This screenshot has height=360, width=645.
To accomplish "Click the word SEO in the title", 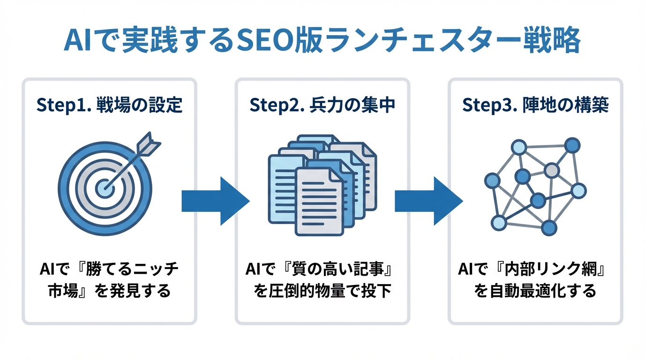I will (261, 43).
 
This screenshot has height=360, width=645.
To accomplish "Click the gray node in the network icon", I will (552, 170).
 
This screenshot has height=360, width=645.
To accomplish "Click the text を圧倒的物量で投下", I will (322, 292).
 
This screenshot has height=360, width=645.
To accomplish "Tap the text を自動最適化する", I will (535, 292).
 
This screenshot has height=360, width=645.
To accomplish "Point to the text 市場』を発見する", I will (109, 292).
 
